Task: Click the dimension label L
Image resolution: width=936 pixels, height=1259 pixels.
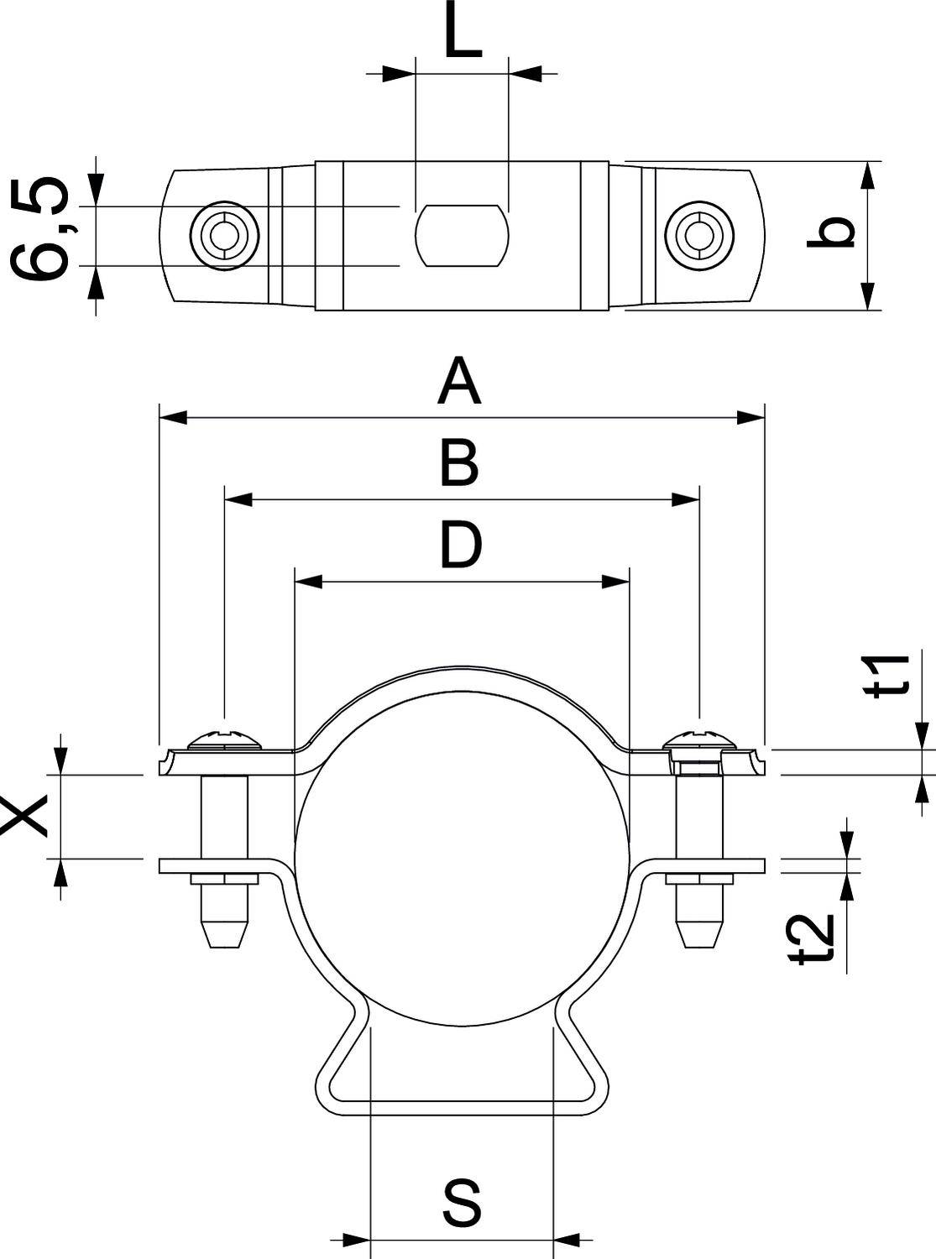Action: click(462, 35)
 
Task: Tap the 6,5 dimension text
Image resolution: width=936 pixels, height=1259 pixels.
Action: click(39, 228)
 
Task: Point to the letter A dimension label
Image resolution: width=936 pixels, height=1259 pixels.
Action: click(459, 382)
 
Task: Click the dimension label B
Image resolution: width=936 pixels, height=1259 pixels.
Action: click(459, 462)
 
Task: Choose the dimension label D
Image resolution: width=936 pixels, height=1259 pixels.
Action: click(461, 544)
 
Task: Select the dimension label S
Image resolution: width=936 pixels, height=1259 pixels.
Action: click(462, 1203)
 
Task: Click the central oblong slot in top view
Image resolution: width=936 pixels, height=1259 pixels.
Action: click(463, 236)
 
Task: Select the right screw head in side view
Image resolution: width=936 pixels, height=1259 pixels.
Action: click(698, 739)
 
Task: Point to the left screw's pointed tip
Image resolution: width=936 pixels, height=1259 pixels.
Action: click(224, 933)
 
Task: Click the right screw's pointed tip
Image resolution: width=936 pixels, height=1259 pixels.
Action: click(698, 933)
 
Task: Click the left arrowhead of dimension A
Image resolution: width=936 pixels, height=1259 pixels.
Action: click(172, 417)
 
